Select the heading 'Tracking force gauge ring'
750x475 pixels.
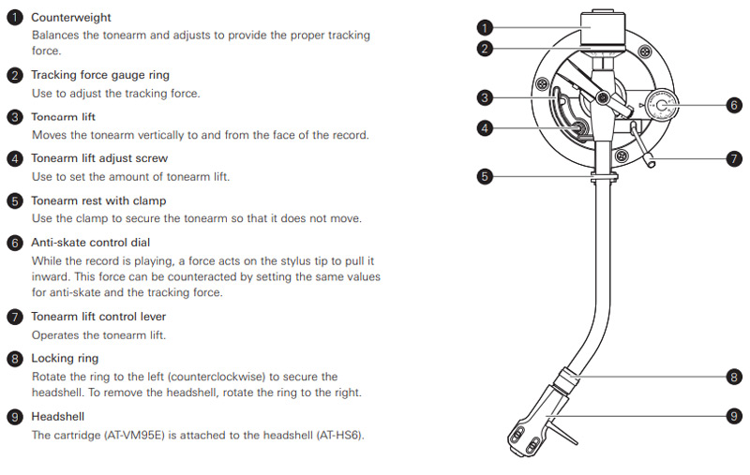pos(100,75)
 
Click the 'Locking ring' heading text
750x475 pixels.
pos(65,358)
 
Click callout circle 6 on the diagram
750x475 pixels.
pos(734,105)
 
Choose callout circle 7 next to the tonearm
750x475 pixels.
pos(734,159)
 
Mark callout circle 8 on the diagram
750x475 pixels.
pos(734,378)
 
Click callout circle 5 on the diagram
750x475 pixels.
pos(484,175)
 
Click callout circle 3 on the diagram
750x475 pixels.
pos(484,96)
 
